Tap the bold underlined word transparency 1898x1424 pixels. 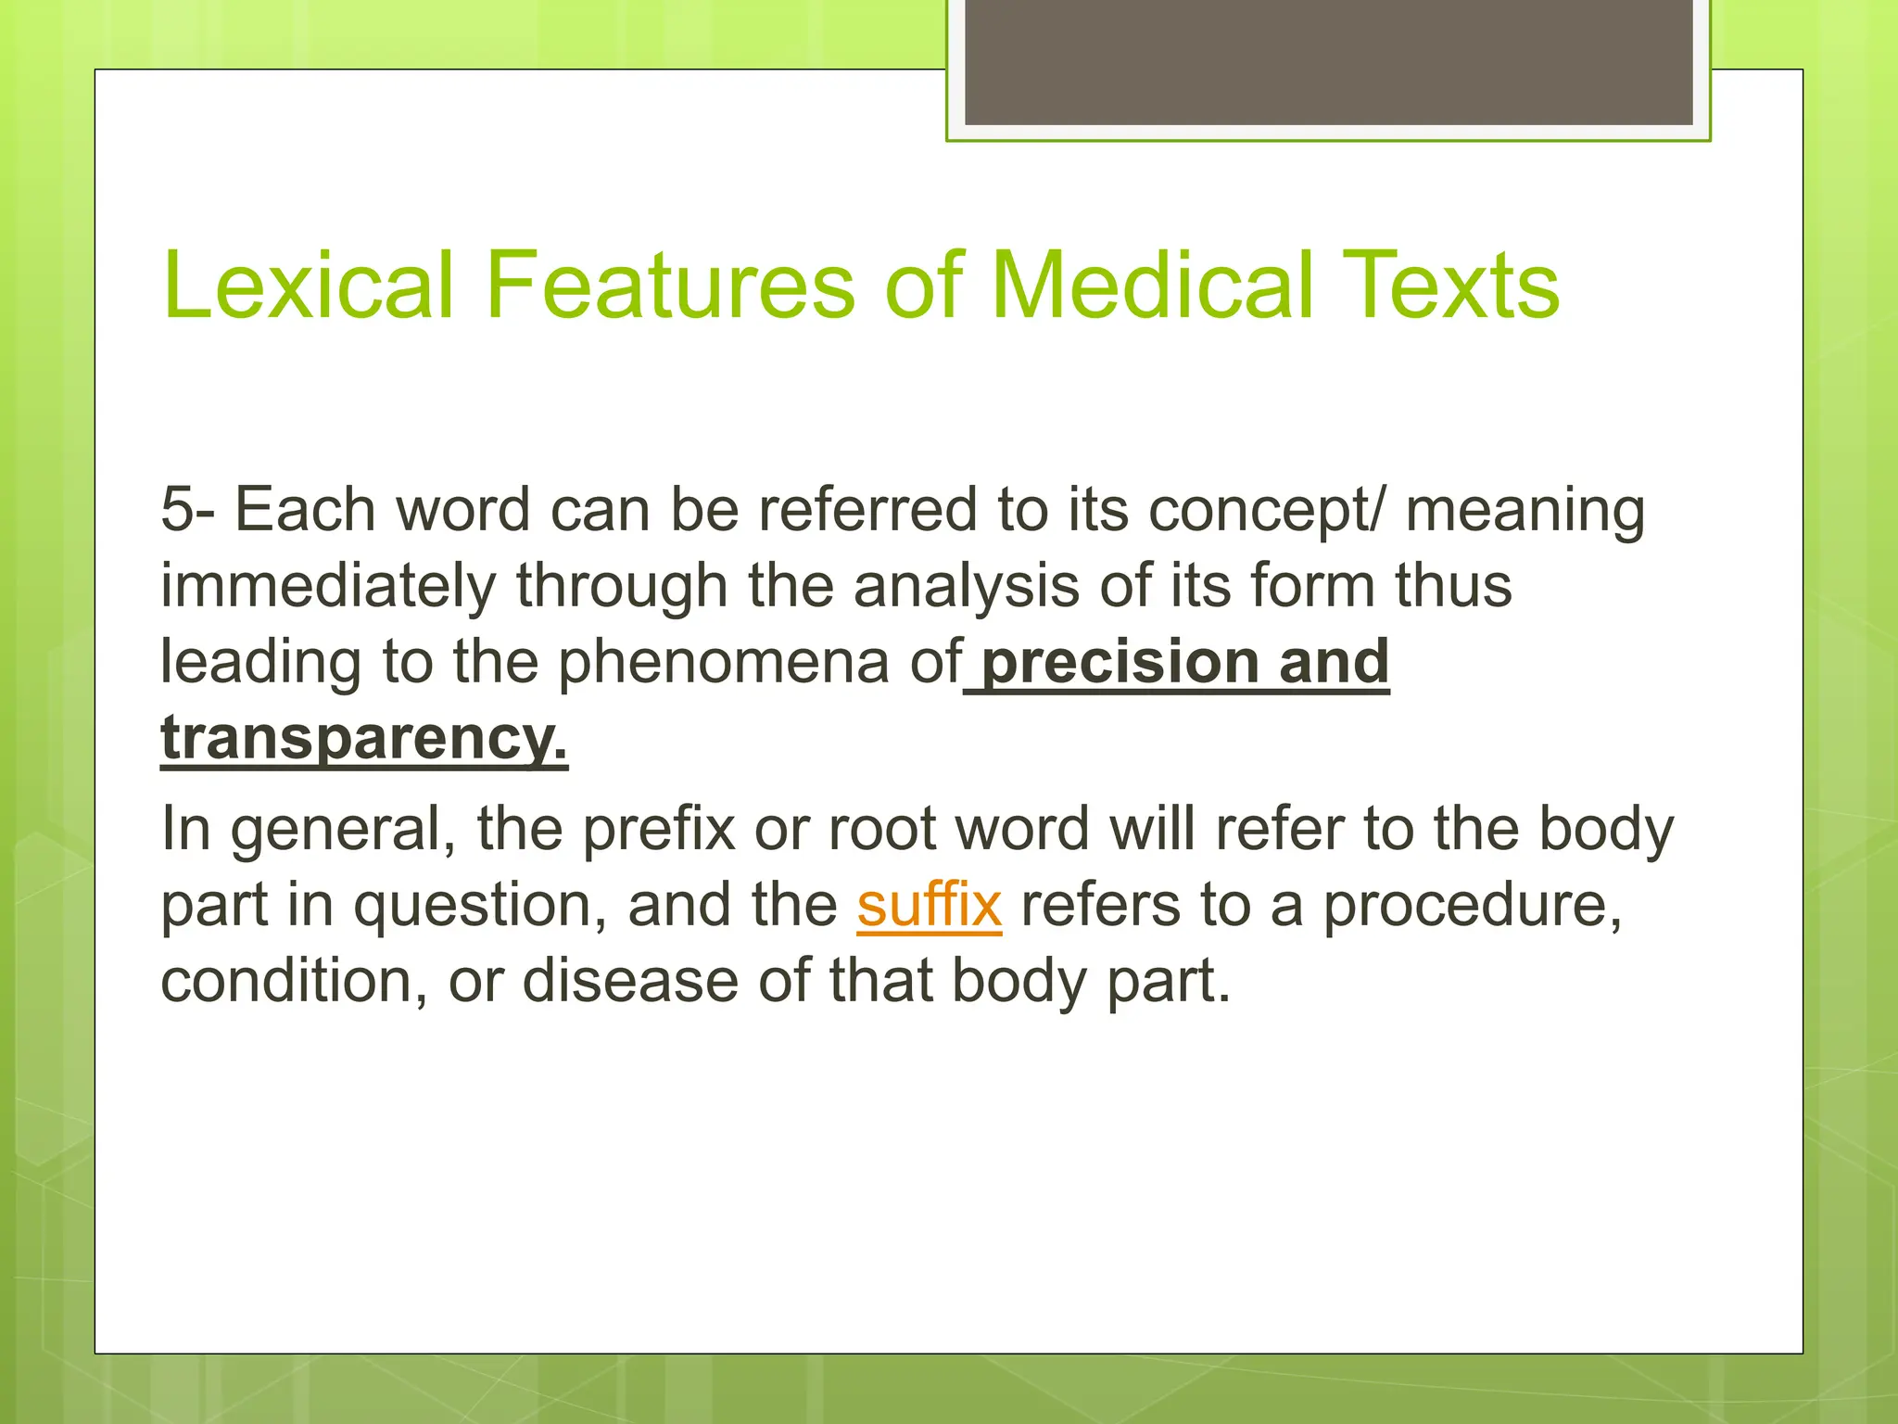(x=363, y=739)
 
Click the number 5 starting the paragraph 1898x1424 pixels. (x=177, y=510)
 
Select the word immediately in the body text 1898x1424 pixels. (x=328, y=587)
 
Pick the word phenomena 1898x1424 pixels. (x=722, y=662)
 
